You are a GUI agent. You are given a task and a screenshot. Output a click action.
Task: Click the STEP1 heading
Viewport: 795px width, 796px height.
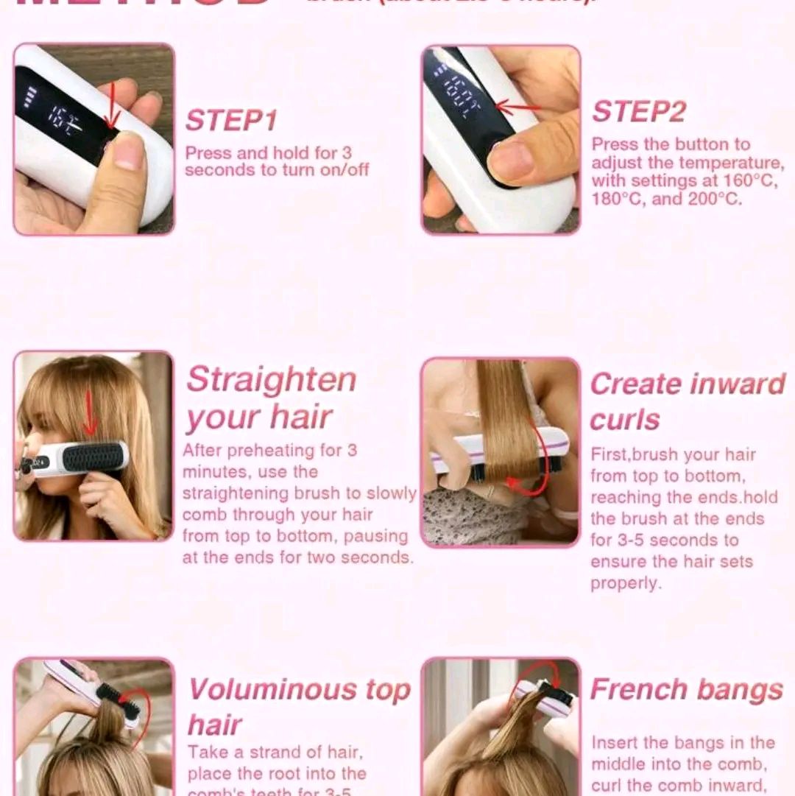tap(230, 120)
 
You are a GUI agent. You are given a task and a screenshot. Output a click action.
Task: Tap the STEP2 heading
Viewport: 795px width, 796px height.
tap(639, 112)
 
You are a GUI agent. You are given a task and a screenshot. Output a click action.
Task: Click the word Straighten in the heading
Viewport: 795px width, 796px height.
tap(271, 381)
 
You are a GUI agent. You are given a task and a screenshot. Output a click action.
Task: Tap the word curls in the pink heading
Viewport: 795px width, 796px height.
tap(624, 420)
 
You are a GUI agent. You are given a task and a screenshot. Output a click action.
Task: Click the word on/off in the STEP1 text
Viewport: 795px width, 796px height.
tap(344, 171)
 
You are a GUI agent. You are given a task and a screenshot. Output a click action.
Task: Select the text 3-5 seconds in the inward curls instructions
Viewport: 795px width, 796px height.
tap(663, 540)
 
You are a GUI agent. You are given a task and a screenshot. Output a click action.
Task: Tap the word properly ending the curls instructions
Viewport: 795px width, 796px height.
tap(625, 583)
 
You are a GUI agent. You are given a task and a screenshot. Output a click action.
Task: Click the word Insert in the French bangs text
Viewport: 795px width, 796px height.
tap(618, 743)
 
